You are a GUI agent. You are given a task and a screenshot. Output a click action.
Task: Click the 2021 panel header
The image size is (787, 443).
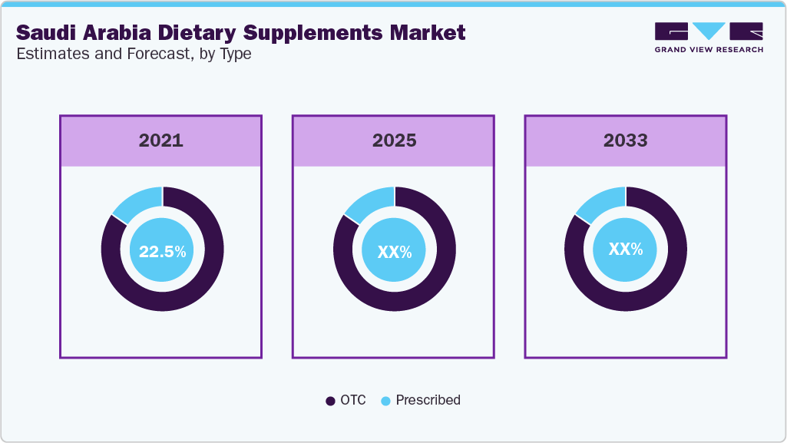click(161, 141)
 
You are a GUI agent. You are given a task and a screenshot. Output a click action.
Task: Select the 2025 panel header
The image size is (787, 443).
click(394, 141)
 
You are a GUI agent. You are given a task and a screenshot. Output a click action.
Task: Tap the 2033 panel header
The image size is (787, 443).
click(625, 141)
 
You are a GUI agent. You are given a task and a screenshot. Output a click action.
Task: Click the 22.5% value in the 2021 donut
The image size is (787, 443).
click(162, 251)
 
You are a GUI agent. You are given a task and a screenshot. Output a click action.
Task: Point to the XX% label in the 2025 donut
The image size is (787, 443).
click(394, 251)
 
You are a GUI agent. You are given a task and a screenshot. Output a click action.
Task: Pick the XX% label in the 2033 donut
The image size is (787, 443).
click(626, 250)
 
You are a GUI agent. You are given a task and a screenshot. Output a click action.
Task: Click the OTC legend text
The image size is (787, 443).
click(353, 400)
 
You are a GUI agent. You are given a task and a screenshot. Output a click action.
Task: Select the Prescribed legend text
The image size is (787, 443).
click(428, 400)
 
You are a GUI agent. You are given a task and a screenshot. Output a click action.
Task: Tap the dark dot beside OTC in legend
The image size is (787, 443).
click(330, 401)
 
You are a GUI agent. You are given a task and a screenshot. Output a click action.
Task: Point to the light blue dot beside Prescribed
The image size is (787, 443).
click(385, 401)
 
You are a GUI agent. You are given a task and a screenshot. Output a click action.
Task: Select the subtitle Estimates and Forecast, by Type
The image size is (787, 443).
click(134, 55)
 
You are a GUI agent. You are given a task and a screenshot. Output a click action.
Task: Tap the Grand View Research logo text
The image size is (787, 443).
click(709, 50)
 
